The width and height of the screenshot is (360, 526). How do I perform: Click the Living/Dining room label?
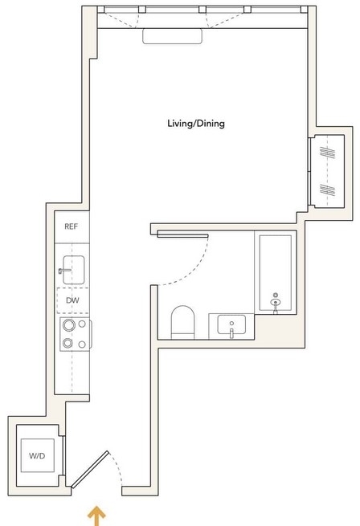(x=196, y=124)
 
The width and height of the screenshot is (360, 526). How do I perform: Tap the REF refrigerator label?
(x=72, y=226)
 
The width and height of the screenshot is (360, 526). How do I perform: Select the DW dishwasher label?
(x=72, y=300)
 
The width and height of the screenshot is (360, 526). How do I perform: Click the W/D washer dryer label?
(x=37, y=455)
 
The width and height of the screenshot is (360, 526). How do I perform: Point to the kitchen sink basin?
(x=74, y=270)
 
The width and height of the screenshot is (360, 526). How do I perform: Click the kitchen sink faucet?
(x=64, y=271)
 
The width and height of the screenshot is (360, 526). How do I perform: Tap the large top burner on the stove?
(x=69, y=324)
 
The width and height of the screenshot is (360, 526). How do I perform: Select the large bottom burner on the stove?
(x=67, y=343)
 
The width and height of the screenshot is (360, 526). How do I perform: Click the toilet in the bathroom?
(x=182, y=322)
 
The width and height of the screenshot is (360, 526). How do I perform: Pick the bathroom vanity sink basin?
(x=231, y=324)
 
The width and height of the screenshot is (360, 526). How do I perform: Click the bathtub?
(x=276, y=272)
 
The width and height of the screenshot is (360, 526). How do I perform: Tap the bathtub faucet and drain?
(x=276, y=303)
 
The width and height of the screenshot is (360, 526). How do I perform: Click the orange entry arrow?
(x=96, y=516)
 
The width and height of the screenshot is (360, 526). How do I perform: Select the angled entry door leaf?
(x=90, y=469)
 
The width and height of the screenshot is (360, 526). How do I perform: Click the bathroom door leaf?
(x=182, y=234)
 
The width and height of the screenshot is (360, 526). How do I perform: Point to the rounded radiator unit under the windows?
(x=172, y=36)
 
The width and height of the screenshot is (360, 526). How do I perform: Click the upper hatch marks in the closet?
(x=327, y=153)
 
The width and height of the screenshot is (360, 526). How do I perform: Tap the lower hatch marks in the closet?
(x=327, y=190)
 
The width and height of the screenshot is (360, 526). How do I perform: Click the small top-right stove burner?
(x=82, y=324)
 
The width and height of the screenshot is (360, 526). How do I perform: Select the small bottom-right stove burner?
(x=82, y=345)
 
